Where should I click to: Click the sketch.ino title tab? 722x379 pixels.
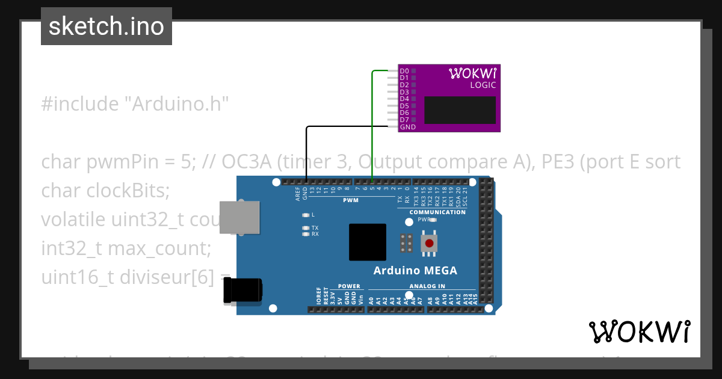(x=106, y=26)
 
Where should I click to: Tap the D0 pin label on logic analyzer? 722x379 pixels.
(x=404, y=71)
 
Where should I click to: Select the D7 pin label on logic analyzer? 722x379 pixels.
(x=404, y=120)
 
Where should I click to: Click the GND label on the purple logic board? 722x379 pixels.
(x=407, y=127)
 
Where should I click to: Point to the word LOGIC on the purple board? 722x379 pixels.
(x=483, y=85)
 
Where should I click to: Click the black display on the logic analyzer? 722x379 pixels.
(x=460, y=110)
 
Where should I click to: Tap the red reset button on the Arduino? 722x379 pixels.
(x=429, y=243)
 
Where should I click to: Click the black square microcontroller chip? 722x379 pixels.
(x=367, y=242)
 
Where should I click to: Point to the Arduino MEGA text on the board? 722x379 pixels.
(x=415, y=271)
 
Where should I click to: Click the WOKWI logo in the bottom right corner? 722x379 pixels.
(x=639, y=331)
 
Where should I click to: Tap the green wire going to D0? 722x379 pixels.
(x=372, y=120)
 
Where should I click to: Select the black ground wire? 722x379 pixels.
(x=306, y=150)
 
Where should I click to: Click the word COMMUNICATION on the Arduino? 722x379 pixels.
(x=437, y=212)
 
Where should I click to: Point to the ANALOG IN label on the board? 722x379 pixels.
(x=427, y=286)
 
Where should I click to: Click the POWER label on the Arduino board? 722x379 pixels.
(x=349, y=286)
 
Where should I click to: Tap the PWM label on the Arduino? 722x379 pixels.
(x=351, y=200)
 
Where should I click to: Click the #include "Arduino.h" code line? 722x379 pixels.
(x=135, y=104)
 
